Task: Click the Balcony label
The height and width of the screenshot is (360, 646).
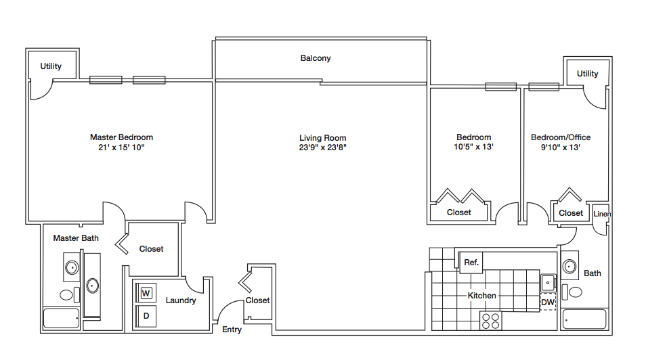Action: pyautogui.click(x=316, y=58)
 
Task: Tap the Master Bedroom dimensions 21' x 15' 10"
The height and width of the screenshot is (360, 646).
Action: pyautogui.click(x=121, y=147)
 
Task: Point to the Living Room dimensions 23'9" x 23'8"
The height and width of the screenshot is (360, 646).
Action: pyautogui.click(x=322, y=147)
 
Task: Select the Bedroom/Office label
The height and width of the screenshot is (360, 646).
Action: pyautogui.click(x=560, y=137)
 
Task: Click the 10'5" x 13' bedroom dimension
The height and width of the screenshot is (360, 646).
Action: pyautogui.click(x=473, y=147)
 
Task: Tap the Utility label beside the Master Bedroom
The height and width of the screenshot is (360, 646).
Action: pyautogui.click(x=51, y=66)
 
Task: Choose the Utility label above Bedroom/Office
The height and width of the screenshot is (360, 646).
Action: pyautogui.click(x=587, y=74)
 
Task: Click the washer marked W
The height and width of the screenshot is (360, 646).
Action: pyautogui.click(x=146, y=293)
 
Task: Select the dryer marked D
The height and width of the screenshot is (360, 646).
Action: pyautogui.click(x=146, y=316)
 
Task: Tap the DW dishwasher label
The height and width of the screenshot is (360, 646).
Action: pyautogui.click(x=547, y=302)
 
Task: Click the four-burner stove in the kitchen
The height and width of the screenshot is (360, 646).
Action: pyautogui.click(x=490, y=320)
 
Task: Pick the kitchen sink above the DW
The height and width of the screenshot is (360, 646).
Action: pyautogui.click(x=547, y=282)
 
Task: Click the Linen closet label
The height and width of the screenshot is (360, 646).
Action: pyautogui.click(x=602, y=215)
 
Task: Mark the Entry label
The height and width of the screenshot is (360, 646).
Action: pyautogui.click(x=232, y=330)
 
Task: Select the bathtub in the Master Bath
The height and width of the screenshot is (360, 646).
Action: pyautogui.click(x=61, y=318)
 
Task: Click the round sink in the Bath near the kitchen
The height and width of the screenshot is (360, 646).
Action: pyautogui.click(x=571, y=265)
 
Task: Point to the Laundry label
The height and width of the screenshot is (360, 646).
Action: pyautogui.click(x=181, y=300)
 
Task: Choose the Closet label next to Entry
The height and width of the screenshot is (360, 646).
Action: pyautogui.click(x=257, y=300)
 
